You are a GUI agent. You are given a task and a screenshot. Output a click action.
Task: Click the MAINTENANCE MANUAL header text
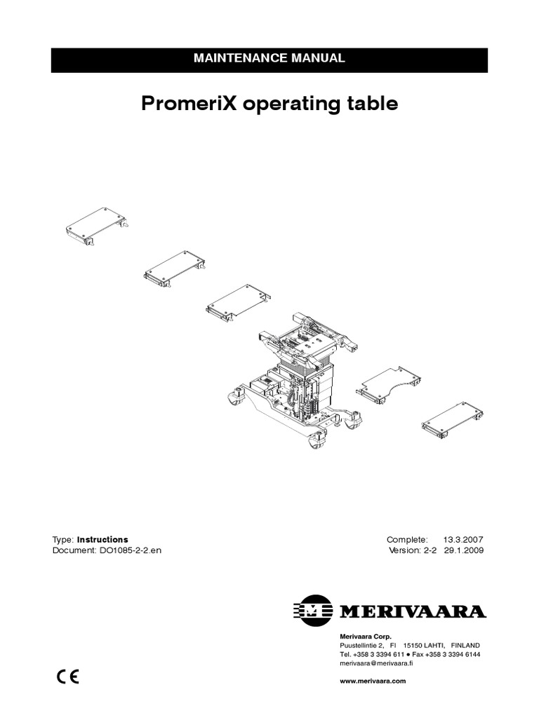tap(269, 58)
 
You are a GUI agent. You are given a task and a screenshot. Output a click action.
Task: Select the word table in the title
tap(371, 104)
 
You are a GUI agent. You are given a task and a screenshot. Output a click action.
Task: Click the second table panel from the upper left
tap(174, 269)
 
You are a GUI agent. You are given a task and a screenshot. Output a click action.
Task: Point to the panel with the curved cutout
tap(390, 383)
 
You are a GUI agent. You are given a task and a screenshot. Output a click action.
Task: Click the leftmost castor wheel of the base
tap(234, 398)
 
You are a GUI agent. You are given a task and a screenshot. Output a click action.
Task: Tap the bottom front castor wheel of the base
tap(317, 441)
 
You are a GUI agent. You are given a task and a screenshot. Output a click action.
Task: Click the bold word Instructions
tap(102, 539)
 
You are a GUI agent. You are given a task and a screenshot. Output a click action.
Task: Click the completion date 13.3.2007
tap(463, 539)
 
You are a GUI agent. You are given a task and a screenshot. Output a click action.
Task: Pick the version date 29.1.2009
tap(463, 550)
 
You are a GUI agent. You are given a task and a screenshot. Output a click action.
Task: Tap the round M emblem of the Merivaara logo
tap(314, 611)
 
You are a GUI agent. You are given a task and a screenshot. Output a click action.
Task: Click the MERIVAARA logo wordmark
tap(413, 611)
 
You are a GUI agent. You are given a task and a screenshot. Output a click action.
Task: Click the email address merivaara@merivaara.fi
tap(376, 663)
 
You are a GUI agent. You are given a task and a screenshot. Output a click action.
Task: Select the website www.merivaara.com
tap(373, 681)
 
